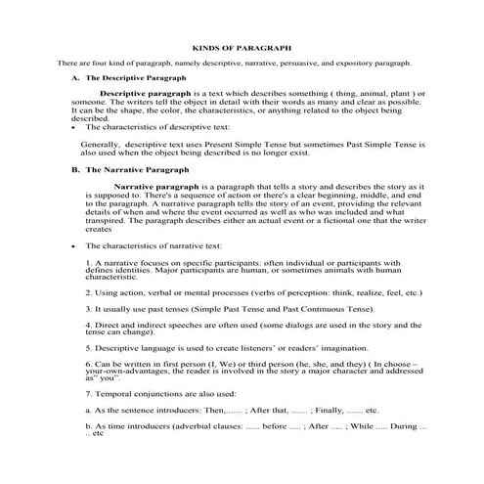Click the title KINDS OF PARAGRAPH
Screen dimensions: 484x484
click(241, 46)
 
